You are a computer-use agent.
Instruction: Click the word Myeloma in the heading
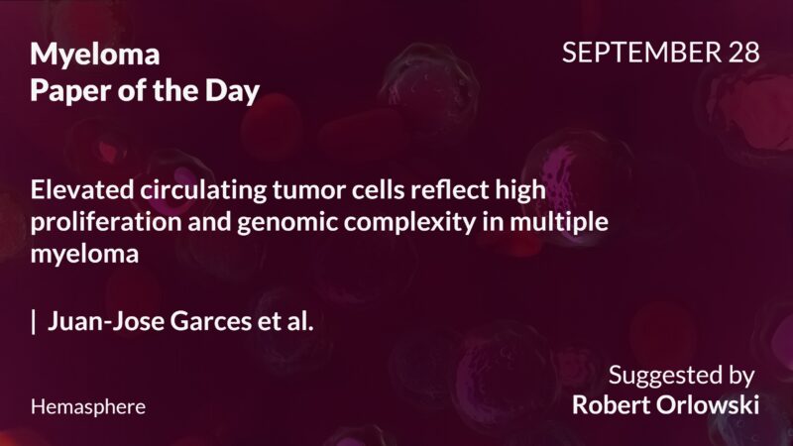coord(95,56)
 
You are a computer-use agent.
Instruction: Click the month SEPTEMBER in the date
coord(637,54)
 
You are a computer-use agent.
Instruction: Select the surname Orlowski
coord(713,405)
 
